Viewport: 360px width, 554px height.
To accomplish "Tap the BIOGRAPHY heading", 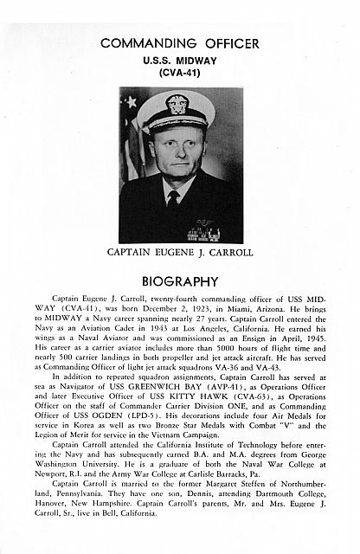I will pyautogui.click(x=180, y=281).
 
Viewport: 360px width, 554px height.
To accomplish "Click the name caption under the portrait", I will pyautogui.click(x=180, y=254).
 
